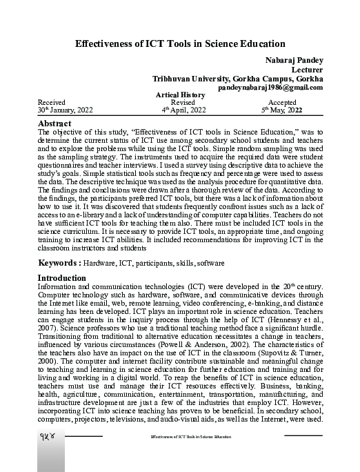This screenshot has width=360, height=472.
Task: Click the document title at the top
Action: [180, 43]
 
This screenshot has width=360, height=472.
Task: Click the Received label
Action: [52, 102]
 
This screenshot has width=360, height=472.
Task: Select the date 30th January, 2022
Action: [66, 110]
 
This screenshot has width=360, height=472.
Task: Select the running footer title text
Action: [193, 437]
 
